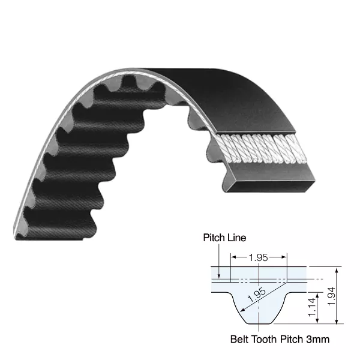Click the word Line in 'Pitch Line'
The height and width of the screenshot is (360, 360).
click(x=236, y=238)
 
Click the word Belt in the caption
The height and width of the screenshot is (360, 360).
click(x=241, y=340)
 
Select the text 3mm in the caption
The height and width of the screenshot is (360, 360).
click(x=317, y=340)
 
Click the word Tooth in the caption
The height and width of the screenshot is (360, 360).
click(x=267, y=340)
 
